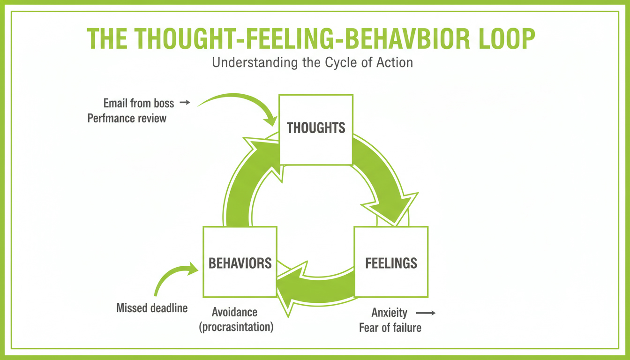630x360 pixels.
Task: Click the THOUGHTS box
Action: tap(315, 129)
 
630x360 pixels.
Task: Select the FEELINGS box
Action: tap(391, 262)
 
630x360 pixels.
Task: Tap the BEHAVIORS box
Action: tap(240, 262)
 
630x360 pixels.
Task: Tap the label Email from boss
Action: tap(139, 103)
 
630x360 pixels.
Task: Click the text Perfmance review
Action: tap(127, 118)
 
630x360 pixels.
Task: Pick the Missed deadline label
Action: tap(152, 308)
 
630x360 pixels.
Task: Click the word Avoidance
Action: tap(234, 312)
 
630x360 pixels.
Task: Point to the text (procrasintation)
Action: tap(236, 327)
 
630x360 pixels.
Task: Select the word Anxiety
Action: tap(389, 312)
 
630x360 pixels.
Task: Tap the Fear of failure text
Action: tap(390, 327)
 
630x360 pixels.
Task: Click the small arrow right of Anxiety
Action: tap(426, 312)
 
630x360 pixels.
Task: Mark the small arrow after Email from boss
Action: tap(185, 102)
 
